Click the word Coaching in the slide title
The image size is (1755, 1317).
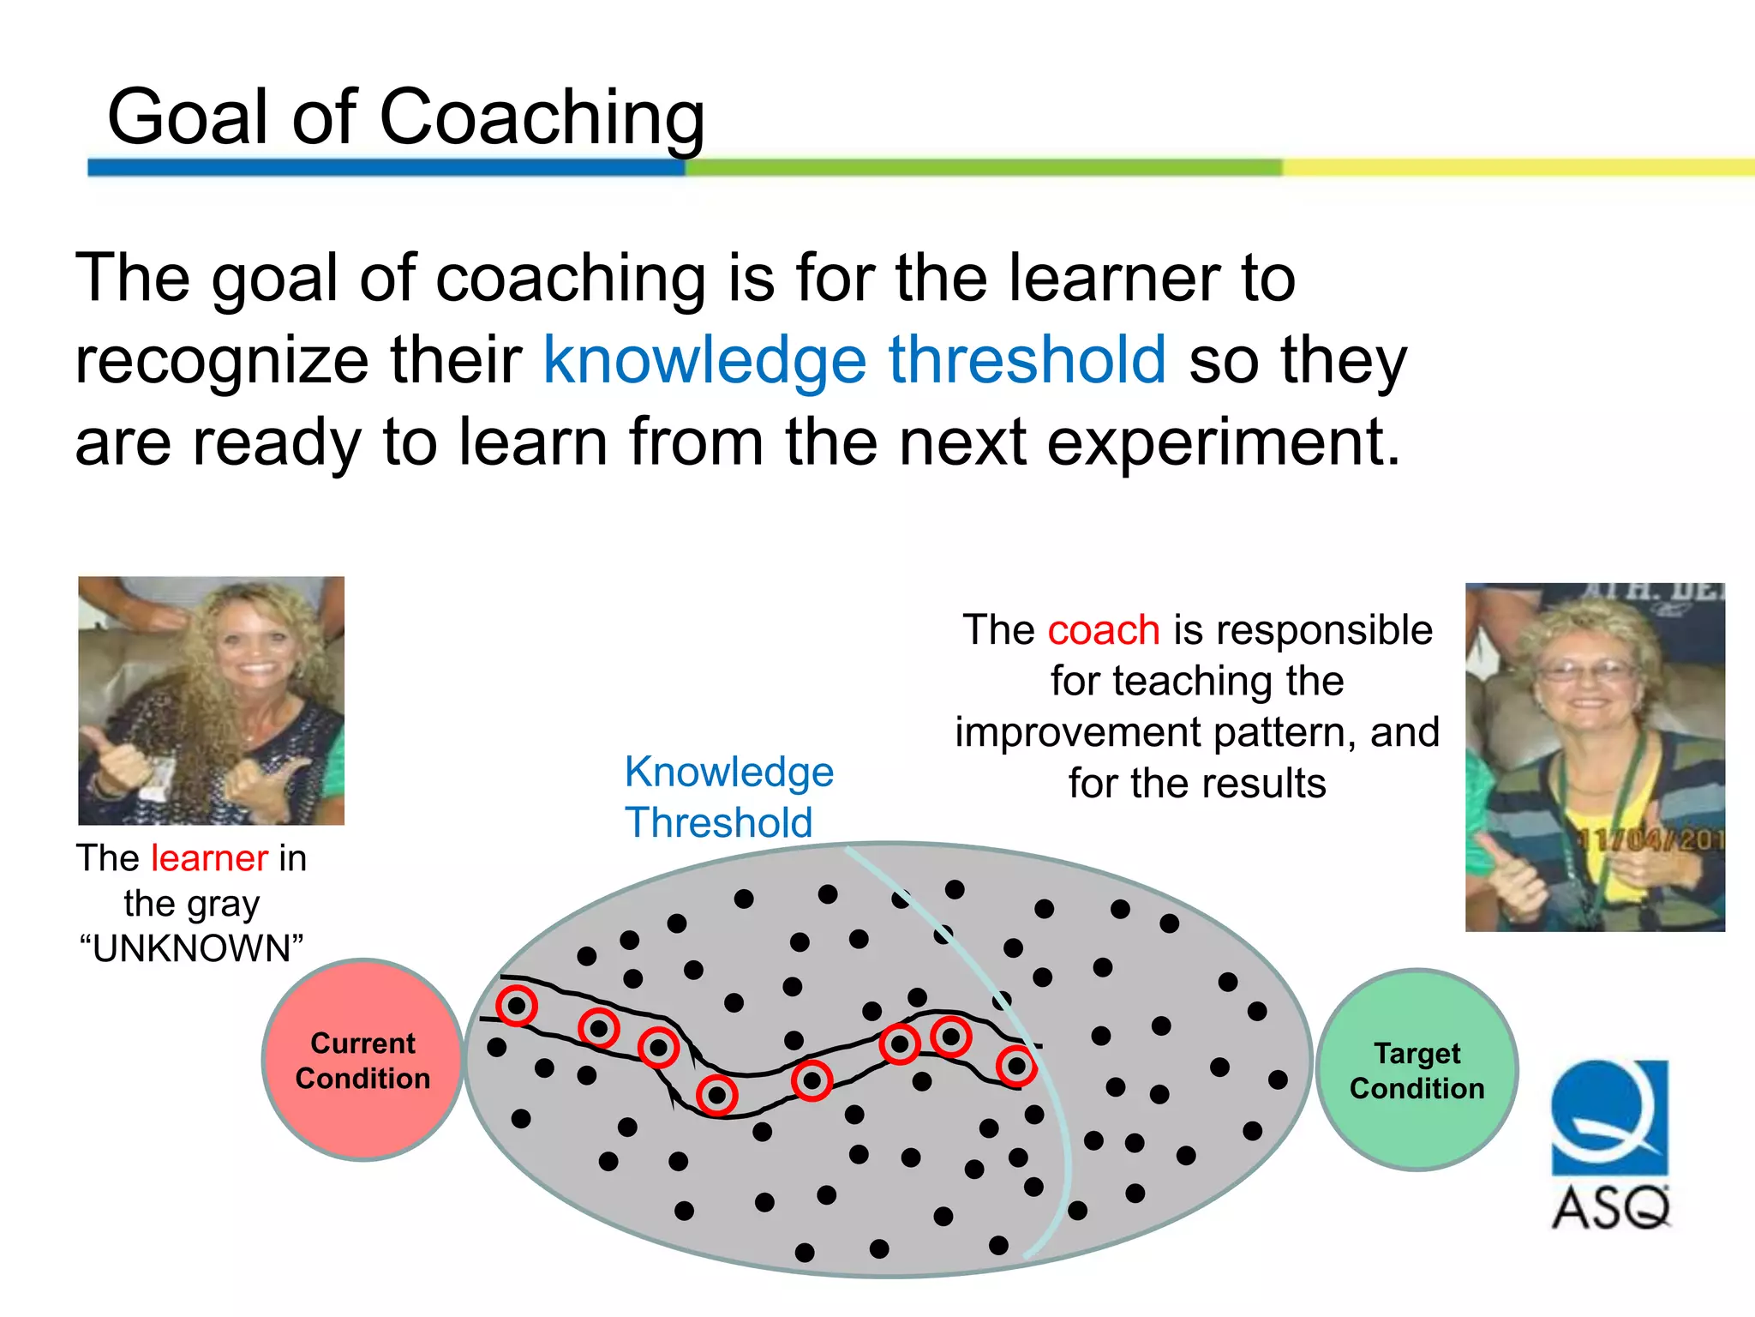click(542, 117)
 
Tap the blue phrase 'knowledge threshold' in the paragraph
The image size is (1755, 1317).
click(854, 360)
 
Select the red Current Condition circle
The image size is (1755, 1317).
click(362, 1061)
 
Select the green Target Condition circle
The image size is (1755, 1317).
click(1417, 1070)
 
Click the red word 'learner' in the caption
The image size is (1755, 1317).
click(209, 858)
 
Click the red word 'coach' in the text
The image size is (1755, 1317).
click(1104, 630)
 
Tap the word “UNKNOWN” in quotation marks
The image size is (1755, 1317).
click(192, 949)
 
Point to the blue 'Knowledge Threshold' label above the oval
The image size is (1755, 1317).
click(728, 797)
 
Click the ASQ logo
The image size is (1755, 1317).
click(1610, 1145)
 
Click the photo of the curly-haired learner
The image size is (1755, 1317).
click(211, 701)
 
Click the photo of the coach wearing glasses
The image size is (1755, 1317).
click(1594, 757)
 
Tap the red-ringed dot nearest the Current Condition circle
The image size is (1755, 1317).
click(517, 1006)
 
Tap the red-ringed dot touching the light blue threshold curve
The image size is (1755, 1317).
click(1016, 1067)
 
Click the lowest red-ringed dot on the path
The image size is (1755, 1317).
click(717, 1095)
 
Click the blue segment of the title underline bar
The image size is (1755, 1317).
click(386, 167)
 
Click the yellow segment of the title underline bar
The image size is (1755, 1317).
click(1517, 167)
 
